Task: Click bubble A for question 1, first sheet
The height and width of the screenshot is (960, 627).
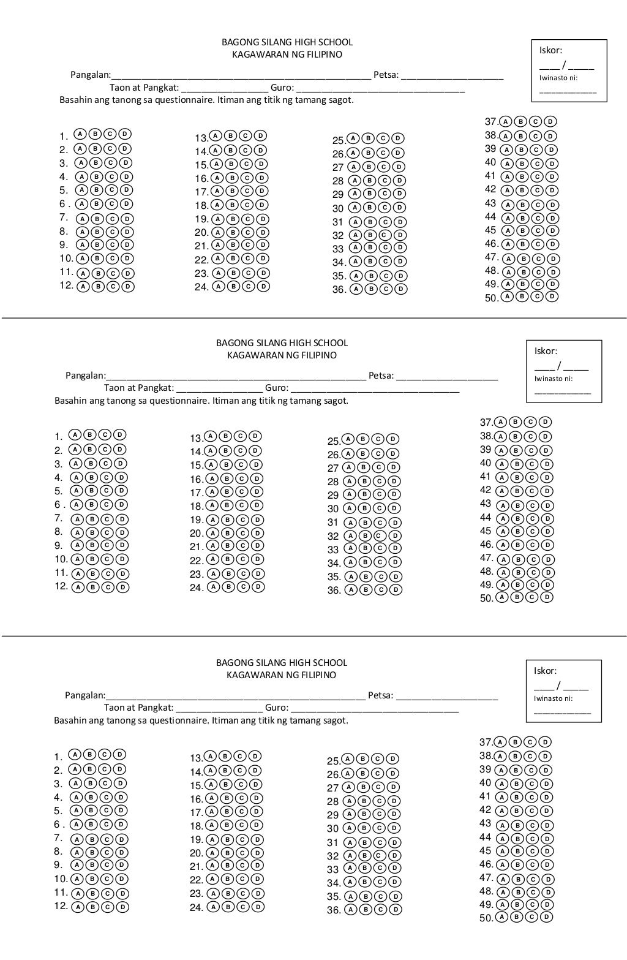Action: (80, 134)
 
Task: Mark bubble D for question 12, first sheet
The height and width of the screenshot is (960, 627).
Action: (129, 286)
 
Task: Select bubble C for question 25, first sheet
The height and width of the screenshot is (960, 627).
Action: (383, 139)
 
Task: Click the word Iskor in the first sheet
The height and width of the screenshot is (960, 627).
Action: (550, 50)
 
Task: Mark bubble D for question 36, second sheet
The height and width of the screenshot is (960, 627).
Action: (396, 590)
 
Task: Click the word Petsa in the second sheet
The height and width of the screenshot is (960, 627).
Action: (381, 376)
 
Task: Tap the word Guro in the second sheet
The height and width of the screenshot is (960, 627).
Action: (277, 388)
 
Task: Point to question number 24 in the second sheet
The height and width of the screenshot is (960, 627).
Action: (196, 588)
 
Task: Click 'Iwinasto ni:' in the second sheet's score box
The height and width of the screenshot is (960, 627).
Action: (553, 379)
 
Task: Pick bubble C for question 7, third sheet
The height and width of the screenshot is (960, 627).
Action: (108, 839)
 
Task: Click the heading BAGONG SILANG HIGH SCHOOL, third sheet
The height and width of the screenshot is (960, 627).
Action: (282, 662)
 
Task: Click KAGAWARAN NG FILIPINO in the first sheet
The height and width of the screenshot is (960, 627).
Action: (287, 55)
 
